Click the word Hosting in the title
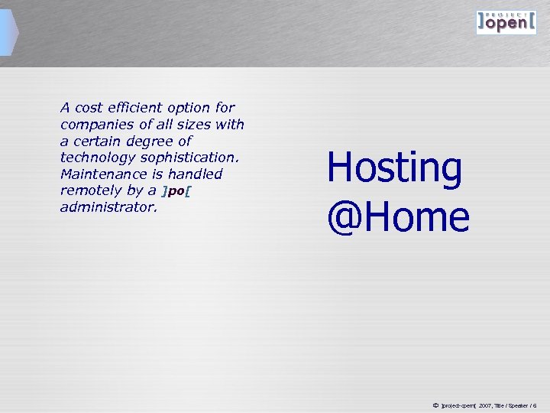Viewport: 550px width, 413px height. (394, 169)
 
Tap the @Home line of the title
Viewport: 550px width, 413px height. (398, 217)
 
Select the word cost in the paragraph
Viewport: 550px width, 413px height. (91, 108)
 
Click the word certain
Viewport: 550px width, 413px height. (100, 141)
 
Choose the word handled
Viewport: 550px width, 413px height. (195, 174)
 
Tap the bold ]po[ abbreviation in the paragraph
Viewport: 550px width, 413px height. (176, 191)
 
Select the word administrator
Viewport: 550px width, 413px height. (108, 207)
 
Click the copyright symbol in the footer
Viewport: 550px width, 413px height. (435, 404)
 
